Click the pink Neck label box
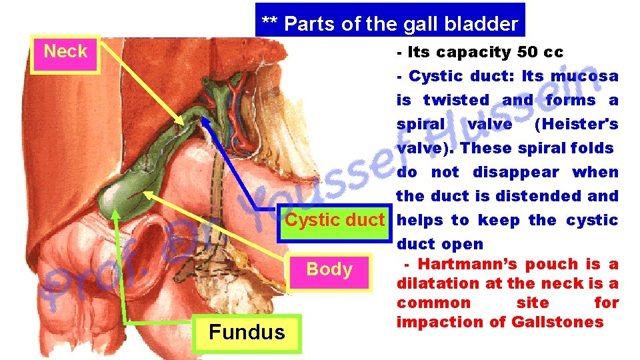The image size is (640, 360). point(65,53)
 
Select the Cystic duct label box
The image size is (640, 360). point(335,220)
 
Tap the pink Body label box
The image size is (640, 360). point(329,270)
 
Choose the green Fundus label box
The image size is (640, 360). point(247,333)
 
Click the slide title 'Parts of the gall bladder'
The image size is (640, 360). point(390,24)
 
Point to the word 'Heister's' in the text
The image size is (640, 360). point(577,124)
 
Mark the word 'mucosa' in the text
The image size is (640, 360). point(586,76)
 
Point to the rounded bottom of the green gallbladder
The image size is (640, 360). point(110,203)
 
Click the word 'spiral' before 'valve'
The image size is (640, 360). point(420,124)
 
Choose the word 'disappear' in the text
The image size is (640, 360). point(516,172)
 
